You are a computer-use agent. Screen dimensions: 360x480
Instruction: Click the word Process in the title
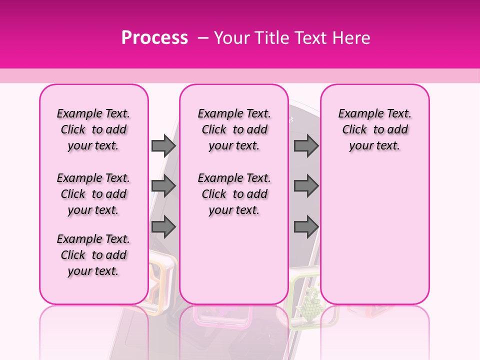[154, 38]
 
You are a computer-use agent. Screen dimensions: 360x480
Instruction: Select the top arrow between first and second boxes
[163, 145]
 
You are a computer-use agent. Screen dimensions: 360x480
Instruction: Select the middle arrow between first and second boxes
[163, 186]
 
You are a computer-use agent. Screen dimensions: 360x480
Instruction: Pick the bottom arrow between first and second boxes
[163, 227]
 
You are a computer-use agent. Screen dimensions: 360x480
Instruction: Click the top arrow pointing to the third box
[306, 145]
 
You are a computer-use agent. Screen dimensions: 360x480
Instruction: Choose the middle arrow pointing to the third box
[306, 186]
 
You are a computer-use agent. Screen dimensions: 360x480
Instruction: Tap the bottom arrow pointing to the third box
[306, 227]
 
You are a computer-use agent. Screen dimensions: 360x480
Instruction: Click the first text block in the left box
[93, 129]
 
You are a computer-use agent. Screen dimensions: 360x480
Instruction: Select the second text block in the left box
[93, 194]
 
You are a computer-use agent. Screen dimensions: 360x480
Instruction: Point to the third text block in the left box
[93, 255]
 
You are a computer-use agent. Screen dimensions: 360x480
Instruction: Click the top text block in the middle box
[234, 129]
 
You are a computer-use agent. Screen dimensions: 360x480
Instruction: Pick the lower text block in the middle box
[234, 194]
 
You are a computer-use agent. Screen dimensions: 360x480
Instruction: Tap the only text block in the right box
[375, 129]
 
